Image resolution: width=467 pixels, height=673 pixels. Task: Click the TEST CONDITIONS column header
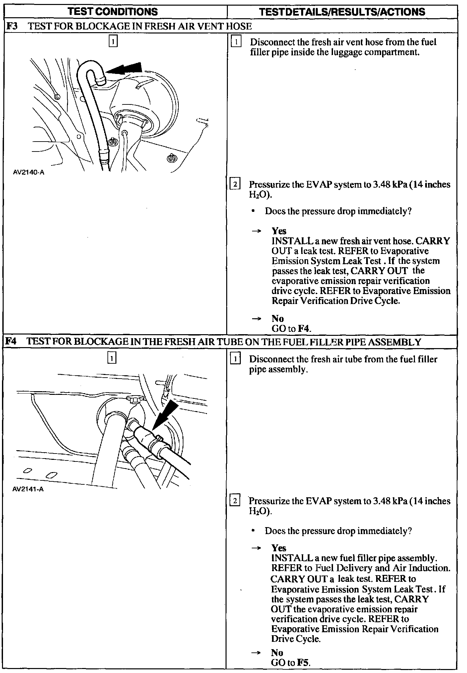click(x=113, y=12)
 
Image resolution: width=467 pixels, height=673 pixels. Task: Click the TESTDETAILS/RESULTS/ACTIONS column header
click(x=342, y=12)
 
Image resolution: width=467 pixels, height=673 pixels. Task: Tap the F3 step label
click(x=12, y=26)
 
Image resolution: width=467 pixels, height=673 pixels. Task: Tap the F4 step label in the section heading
click(x=12, y=341)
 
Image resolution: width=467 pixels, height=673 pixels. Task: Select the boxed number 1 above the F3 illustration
click(x=113, y=41)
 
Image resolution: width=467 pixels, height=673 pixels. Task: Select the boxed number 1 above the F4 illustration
click(x=112, y=358)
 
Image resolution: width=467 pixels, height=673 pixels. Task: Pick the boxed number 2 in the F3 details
click(x=235, y=184)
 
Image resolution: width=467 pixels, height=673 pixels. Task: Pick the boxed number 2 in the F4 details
click(x=235, y=500)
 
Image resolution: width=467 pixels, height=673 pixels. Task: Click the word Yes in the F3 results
click(x=279, y=231)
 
